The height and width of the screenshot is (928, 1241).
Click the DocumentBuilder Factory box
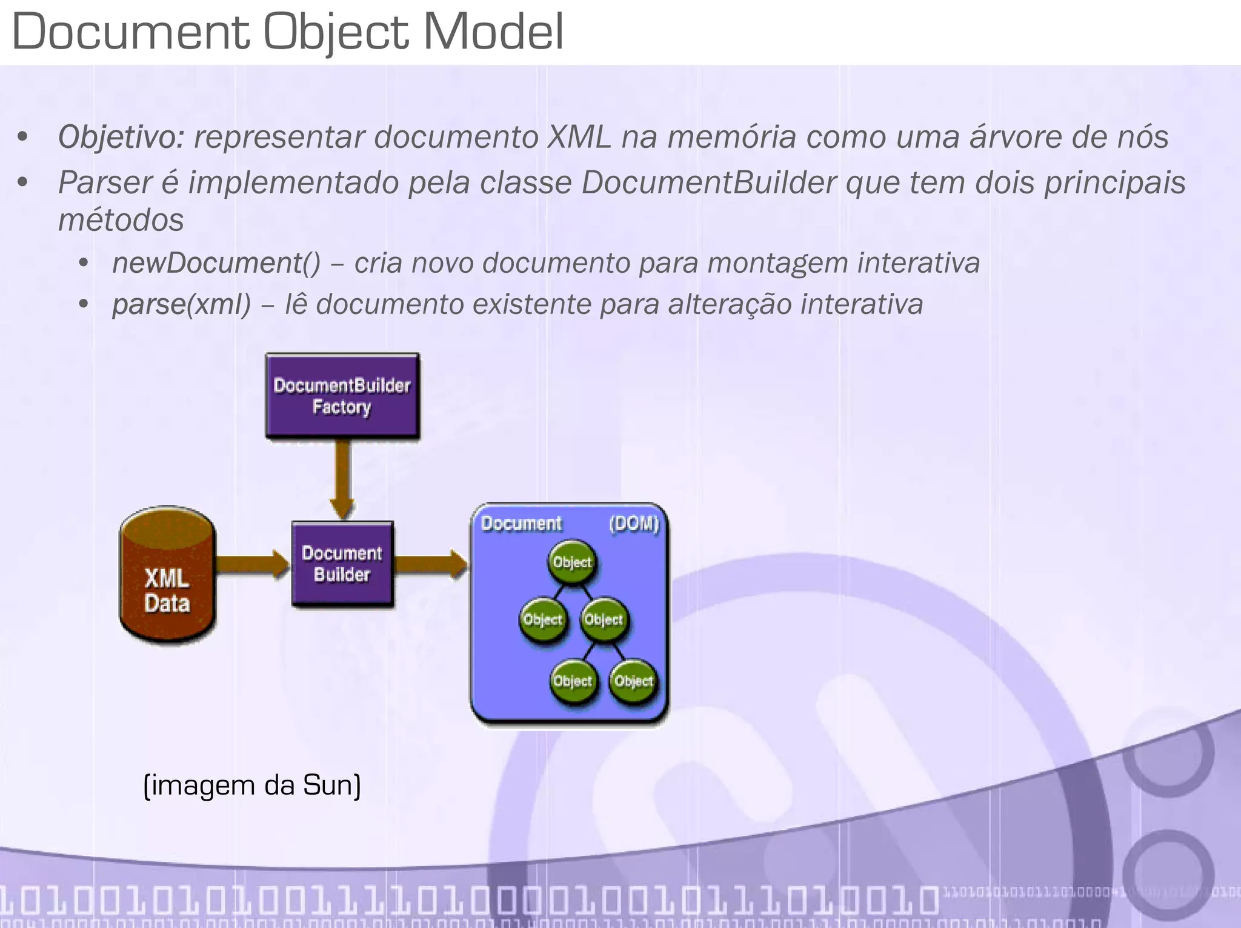click(342, 396)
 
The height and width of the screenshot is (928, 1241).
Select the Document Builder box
click(342, 564)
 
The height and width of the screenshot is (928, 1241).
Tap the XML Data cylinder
click(167, 576)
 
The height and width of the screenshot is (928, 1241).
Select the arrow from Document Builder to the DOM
click(430, 564)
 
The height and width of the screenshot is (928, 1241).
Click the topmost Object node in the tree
click(572, 562)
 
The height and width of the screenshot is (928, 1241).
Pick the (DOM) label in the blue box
click(634, 523)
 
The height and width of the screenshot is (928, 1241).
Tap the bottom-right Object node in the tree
click(633, 681)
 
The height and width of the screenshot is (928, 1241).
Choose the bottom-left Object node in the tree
click(573, 681)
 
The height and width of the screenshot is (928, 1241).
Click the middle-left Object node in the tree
click(543, 619)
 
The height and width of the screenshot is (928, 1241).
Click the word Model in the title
click(493, 32)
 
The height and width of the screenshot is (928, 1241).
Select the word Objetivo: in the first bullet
click(121, 137)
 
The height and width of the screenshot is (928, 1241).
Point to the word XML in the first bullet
click(579, 137)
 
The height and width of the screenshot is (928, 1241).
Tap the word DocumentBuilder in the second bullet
click(709, 182)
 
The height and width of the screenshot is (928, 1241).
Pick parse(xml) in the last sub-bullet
click(181, 304)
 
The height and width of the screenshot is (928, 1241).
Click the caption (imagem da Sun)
click(252, 785)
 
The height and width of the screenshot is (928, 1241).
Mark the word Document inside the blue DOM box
click(521, 523)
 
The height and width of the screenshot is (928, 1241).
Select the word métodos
click(121, 220)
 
